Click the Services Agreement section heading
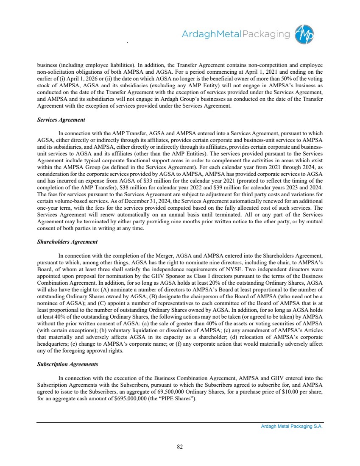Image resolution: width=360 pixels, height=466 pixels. point(61,120)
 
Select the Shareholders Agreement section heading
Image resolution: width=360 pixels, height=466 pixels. point(67,242)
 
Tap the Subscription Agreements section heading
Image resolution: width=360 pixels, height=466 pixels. point(68,364)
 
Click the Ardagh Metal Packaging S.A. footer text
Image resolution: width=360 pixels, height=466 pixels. point(292,427)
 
